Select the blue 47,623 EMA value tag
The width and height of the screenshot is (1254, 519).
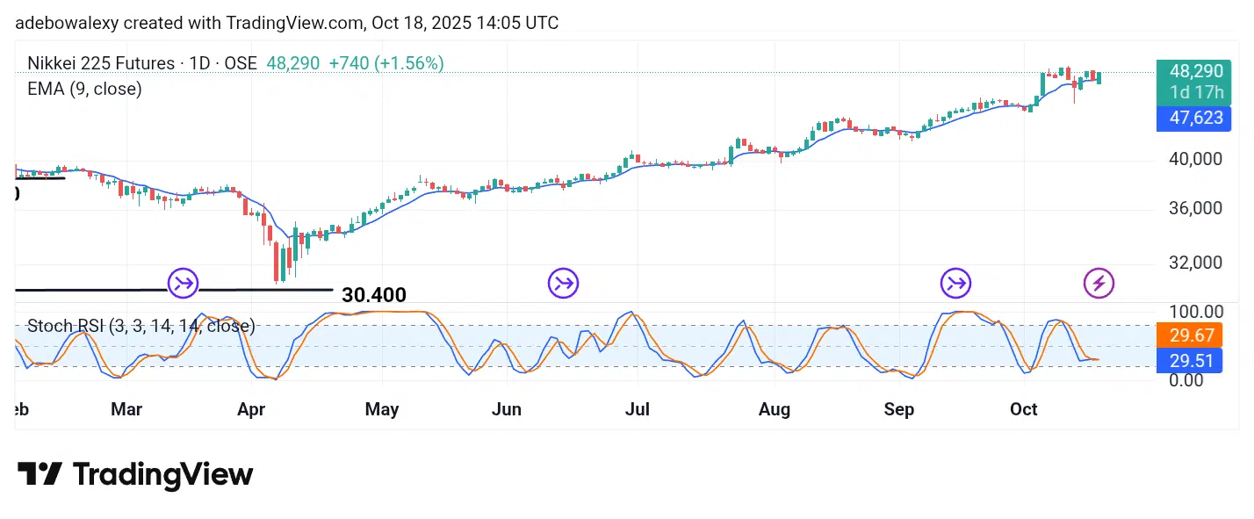(1193, 118)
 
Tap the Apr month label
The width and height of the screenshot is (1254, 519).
(252, 409)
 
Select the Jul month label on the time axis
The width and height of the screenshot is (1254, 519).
(638, 409)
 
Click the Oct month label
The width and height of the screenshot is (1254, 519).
(1024, 409)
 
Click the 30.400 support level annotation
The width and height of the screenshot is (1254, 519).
(374, 295)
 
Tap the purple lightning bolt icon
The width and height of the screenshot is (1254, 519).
(1099, 284)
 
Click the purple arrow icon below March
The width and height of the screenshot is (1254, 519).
(184, 284)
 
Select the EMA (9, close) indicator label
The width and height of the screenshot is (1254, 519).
(84, 89)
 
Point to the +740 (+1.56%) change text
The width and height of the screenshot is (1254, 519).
(386, 63)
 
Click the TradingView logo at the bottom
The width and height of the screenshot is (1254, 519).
(135, 475)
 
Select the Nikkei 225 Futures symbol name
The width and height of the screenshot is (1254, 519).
(101, 63)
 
